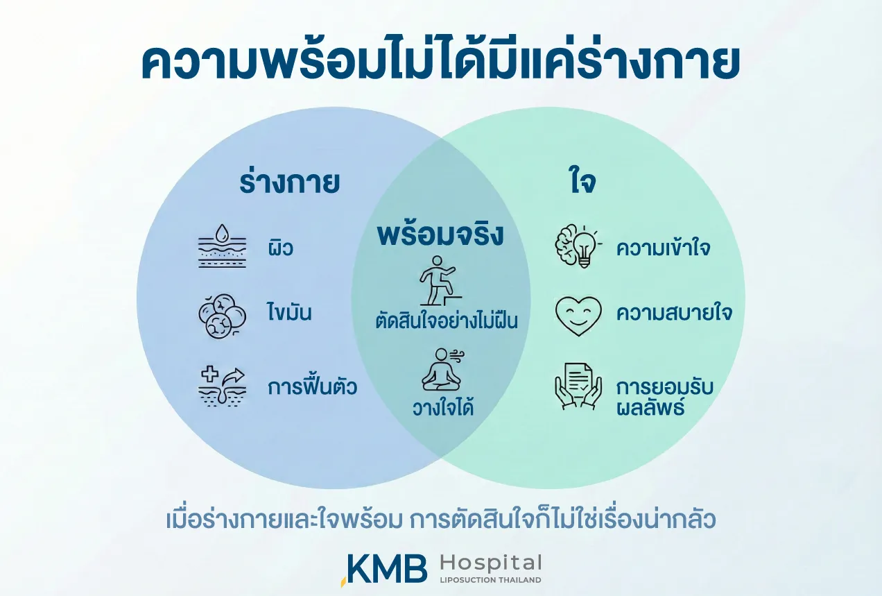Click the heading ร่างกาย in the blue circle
(289, 182)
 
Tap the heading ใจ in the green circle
(583, 182)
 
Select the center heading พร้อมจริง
(440, 235)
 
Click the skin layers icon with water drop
(222, 246)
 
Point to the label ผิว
(280, 248)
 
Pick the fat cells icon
(222, 316)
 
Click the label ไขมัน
(289, 312)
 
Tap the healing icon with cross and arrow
(222, 386)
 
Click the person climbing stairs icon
(440, 280)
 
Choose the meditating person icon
(442, 370)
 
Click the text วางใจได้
(443, 407)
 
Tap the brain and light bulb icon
(578, 246)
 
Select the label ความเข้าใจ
(664, 248)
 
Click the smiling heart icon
(578, 316)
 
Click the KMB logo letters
(386, 568)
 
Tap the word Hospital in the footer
(491, 563)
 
